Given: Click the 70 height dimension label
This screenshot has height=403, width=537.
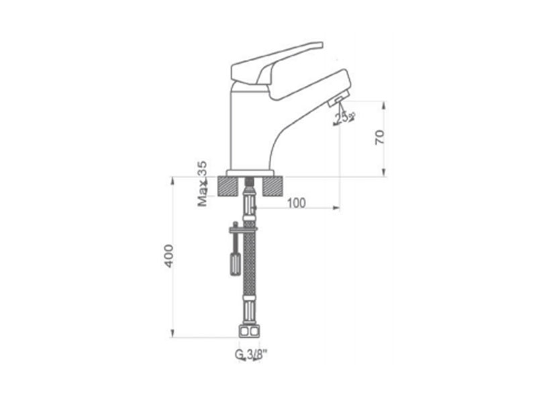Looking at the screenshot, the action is tap(380, 137).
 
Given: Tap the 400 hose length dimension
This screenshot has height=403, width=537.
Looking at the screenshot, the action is tap(168, 256).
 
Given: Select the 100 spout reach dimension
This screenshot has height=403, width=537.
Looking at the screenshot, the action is tap(296, 203).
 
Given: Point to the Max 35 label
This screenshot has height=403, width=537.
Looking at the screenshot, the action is tap(203, 183).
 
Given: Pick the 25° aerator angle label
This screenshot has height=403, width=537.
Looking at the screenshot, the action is tap(344, 118).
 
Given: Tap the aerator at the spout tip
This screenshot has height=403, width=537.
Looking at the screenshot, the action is tap(338, 99).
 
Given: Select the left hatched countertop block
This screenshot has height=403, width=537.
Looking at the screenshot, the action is tap(228, 187).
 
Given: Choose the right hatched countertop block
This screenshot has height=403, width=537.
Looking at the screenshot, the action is tap(273, 187).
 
